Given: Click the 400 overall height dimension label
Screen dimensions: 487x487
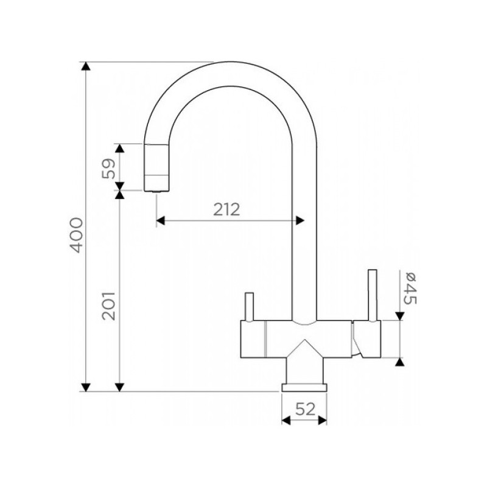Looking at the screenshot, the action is pos(77,235).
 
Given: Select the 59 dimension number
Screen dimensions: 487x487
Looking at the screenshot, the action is pos(108,169).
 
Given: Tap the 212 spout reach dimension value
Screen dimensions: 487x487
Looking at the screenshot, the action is pos(226,209).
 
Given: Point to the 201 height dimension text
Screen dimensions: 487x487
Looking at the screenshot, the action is pos(108,306).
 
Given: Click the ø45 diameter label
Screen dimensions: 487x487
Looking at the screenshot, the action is pos(409,288).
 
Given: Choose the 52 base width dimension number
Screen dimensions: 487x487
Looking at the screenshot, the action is pos(305,408).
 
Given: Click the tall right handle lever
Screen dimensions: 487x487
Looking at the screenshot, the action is pos(373,295).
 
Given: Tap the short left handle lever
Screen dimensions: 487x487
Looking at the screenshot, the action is pos(250,306).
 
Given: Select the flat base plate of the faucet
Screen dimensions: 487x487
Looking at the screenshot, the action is pos(304,387).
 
